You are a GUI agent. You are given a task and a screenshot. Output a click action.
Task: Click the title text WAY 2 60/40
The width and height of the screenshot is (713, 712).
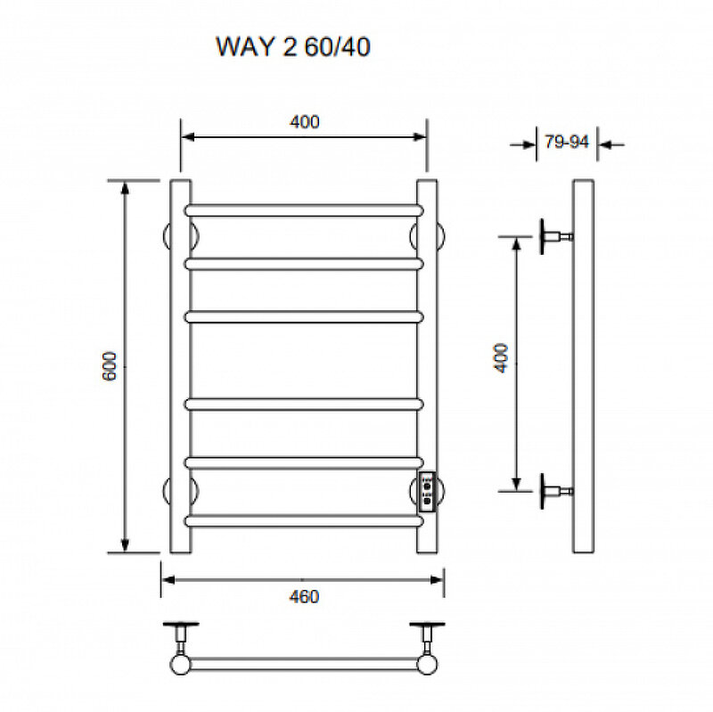tap(293, 47)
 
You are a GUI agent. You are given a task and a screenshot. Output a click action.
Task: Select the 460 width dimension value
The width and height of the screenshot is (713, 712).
tap(304, 596)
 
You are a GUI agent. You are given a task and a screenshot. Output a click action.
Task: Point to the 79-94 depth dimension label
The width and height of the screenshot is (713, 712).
tap(567, 142)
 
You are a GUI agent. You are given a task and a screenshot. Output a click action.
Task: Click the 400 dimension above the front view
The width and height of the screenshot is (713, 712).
tap(304, 122)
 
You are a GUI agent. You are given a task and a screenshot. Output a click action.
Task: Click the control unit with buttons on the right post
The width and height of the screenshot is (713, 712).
tap(428, 491)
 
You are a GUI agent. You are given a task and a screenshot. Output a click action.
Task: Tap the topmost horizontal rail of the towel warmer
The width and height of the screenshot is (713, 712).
tap(303, 210)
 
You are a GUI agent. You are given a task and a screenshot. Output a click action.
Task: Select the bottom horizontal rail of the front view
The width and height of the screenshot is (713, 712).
tap(303, 520)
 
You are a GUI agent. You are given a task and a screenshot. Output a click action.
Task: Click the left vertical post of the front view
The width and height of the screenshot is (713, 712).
tap(179, 365)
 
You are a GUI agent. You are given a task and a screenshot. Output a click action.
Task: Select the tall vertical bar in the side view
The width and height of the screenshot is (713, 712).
tap(584, 365)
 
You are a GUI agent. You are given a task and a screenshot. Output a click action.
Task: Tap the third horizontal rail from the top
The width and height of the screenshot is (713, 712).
tap(303, 316)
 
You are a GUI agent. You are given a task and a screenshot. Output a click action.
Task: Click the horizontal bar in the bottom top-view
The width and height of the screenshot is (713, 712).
tap(303, 664)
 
